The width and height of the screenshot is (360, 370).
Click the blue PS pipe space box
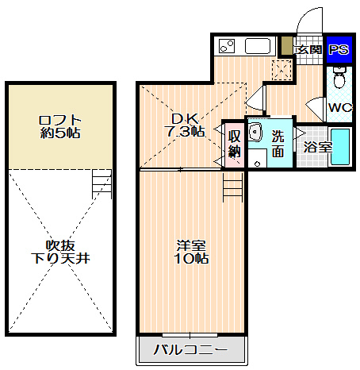click(339, 50)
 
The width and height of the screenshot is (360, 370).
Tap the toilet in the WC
click(339, 77)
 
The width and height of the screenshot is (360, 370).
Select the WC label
click(340, 107)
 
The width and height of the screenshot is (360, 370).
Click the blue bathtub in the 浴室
click(340, 147)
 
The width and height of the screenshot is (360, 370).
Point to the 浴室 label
click(317, 147)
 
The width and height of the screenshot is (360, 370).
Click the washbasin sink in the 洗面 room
click(255, 132)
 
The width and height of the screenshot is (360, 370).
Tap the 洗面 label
click(278, 144)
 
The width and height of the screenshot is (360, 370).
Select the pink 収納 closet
click(234, 145)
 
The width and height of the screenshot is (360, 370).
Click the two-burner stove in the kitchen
click(227, 46)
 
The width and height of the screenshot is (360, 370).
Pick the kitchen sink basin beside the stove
click(258, 46)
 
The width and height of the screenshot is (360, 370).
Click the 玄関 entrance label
click(308, 49)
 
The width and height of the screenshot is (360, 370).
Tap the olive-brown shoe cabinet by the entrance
click(287, 45)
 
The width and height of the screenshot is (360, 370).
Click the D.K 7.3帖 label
click(185, 125)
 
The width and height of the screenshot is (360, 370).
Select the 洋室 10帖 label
click(191, 252)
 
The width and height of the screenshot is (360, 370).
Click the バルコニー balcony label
click(190, 350)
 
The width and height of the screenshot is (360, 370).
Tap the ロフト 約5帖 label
click(60, 127)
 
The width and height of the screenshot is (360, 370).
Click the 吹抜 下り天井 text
click(60, 252)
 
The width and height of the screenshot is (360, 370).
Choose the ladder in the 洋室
click(232, 187)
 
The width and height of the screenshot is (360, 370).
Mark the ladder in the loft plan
click(101, 184)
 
